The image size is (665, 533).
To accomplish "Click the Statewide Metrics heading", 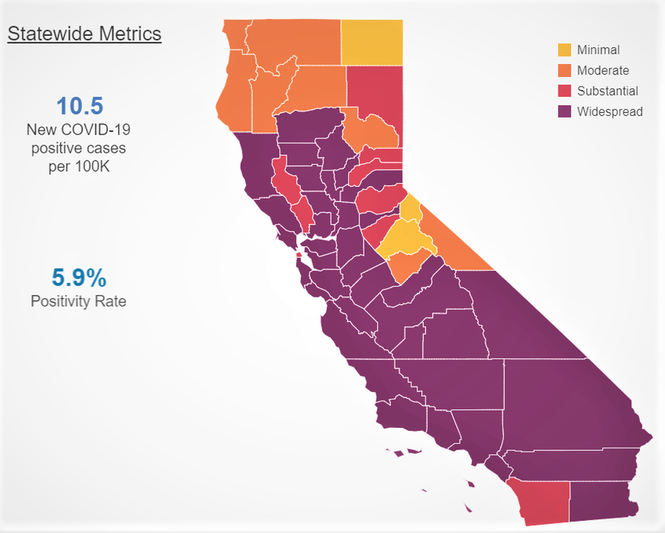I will (84, 34).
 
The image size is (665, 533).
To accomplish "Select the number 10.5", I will (79, 106).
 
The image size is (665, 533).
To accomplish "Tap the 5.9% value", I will (79, 278).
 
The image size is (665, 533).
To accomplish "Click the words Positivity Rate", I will (79, 301).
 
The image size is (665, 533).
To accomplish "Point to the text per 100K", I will (79, 166).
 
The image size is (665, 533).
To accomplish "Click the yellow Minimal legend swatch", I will (565, 50).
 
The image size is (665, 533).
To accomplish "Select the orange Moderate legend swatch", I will (565, 70).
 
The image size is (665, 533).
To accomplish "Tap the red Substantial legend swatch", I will (565, 91).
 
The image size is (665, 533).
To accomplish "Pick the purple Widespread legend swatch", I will (565, 111).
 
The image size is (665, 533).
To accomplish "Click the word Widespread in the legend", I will (610, 111).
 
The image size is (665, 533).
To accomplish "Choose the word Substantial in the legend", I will (607, 91).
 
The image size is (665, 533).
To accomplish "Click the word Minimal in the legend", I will (598, 50).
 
